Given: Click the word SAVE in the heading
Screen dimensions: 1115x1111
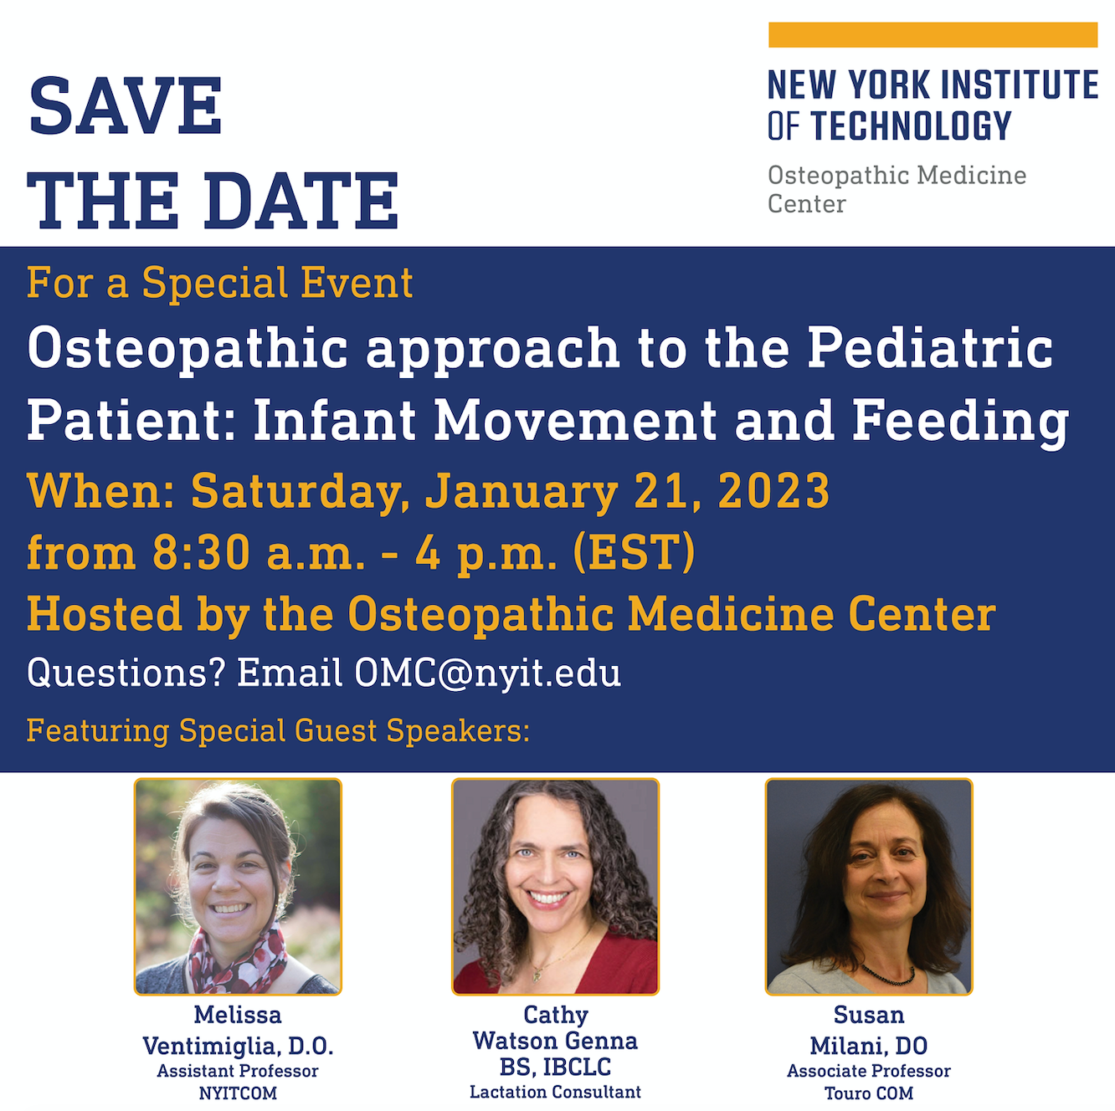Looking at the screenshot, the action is tap(125, 105).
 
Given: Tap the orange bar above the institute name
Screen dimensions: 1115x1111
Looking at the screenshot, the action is tap(933, 34).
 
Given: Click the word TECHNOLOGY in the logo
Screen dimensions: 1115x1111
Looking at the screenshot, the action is tap(911, 126).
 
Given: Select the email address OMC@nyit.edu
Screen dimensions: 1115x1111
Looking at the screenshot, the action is tap(487, 673).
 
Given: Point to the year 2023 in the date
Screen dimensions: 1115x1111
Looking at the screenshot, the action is tap(773, 491).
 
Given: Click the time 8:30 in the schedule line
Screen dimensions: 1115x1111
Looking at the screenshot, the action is tap(202, 552).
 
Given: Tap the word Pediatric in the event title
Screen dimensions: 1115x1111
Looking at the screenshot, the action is tap(930, 348).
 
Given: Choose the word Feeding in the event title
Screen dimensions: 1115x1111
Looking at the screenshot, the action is tap(960, 421).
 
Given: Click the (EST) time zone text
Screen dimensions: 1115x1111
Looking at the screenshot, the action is tap(634, 552).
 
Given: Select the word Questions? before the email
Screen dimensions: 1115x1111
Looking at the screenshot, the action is tap(126, 673).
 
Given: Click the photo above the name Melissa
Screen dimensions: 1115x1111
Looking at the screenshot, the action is tap(238, 887).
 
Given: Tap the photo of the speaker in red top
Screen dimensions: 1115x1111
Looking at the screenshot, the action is tap(555, 887).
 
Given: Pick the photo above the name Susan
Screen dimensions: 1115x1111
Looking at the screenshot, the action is tap(869, 887).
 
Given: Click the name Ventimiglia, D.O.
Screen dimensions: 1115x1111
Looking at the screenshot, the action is tap(238, 1046).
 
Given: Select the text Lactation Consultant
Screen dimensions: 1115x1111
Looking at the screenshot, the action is tap(555, 1092).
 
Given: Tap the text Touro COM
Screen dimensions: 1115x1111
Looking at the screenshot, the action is tap(869, 1093).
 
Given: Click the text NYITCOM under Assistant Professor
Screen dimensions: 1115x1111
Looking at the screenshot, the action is tap(238, 1093).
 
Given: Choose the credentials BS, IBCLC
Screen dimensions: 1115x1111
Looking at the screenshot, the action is tap(555, 1067).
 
